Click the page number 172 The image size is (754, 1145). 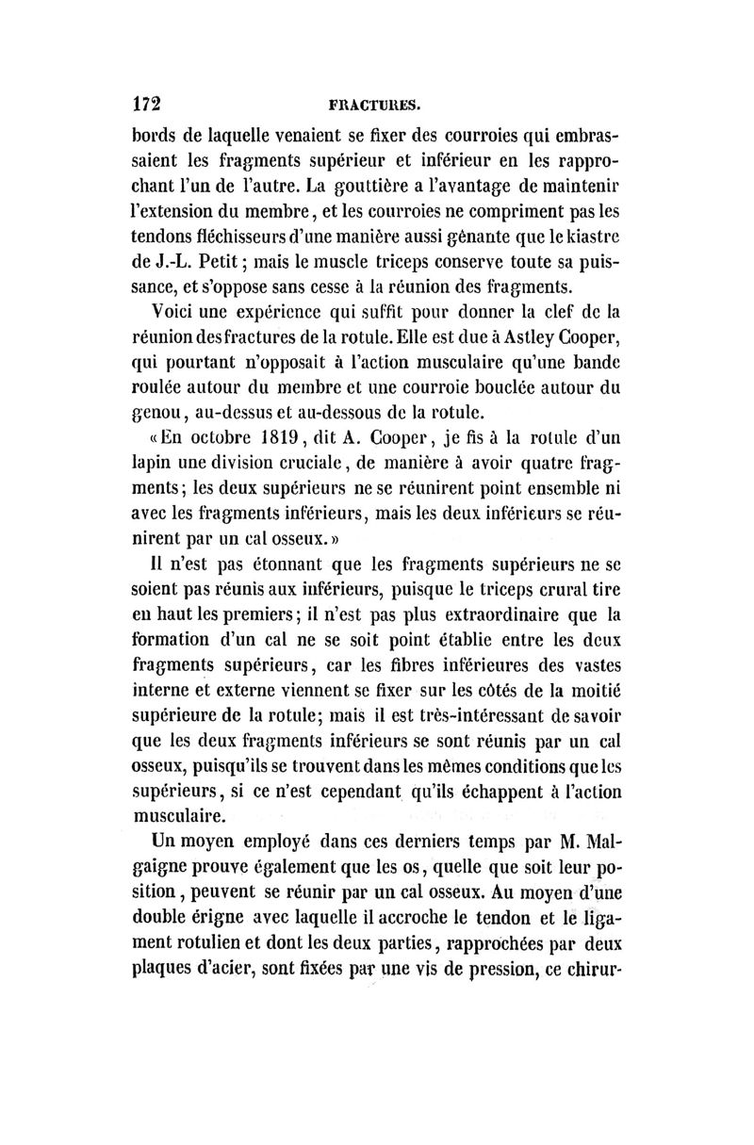point(148,102)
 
